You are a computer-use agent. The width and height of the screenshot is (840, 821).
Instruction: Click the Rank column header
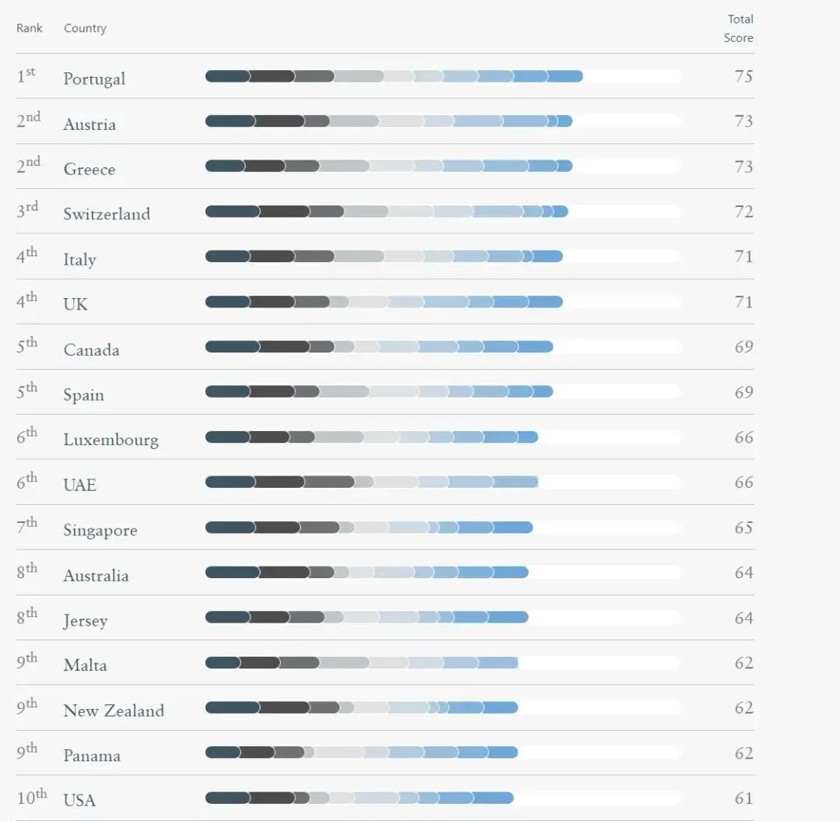[29, 28]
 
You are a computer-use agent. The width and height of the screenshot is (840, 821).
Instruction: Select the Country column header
[85, 28]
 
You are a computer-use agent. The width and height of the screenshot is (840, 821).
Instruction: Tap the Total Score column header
[740, 28]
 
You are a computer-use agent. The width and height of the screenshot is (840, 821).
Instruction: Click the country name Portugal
[94, 79]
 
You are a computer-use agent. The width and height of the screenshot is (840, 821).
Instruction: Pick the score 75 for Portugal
[744, 76]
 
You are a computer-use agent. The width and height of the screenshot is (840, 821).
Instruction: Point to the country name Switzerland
[107, 214]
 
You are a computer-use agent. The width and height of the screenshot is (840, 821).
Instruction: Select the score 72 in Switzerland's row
[744, 212]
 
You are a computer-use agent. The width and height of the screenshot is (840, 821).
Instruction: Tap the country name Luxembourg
[110, 440]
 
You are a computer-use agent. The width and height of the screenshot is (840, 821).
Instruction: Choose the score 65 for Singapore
[744, 528]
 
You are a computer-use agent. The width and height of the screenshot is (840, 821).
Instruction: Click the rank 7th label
[27, 528]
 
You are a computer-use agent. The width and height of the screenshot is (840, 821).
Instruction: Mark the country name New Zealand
[114, 710]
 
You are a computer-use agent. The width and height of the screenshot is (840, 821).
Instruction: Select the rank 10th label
[31, 798]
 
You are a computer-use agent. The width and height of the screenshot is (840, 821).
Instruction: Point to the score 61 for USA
[744, 798]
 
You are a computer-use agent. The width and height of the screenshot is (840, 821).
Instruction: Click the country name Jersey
[86, 621]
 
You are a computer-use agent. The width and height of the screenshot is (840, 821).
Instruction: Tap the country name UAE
[79, 485]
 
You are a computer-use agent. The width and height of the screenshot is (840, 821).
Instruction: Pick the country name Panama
[92, 756]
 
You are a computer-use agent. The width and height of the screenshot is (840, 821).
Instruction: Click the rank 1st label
[26, 76]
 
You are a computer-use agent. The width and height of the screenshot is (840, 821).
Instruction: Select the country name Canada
[91, 349]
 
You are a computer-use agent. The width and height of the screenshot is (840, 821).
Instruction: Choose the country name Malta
[85, 665]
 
